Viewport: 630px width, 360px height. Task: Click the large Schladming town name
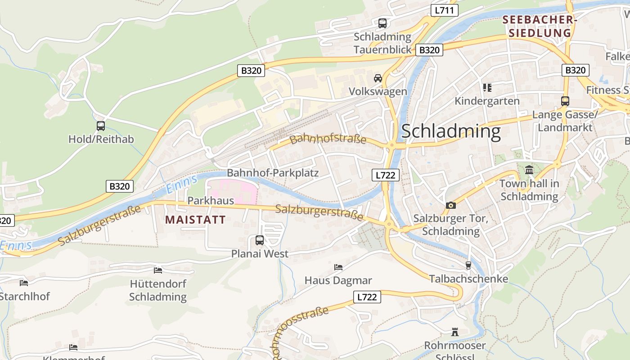click(450, 131)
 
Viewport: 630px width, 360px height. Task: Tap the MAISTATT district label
click(195, 220)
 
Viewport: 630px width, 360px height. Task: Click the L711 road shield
click(444, 10)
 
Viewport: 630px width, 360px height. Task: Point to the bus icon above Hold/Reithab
click(101, 126)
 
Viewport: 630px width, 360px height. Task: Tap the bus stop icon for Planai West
click(260, 240)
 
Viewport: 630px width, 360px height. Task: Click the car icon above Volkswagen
click(378, 78)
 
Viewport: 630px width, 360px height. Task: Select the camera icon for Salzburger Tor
click(450, 205)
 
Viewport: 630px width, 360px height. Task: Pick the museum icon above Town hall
click(529, 170)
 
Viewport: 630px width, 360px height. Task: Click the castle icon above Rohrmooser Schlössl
click(455, 332)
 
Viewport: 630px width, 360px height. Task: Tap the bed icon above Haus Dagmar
click(338, 267)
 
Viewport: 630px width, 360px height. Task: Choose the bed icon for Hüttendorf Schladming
click(158, 270)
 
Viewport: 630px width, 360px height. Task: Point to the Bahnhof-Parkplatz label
click(273, 173)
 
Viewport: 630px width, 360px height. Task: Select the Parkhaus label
click(211, 200)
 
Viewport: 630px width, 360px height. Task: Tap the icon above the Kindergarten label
click(487, 87)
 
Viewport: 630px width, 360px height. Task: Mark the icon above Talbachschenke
click(468, 265)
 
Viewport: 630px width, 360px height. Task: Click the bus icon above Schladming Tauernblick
click(382, 23)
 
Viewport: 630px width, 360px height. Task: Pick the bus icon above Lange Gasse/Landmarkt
click(565, 101)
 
